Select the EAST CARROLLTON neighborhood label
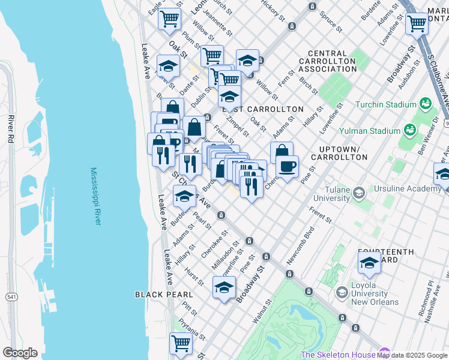tap(263, 109)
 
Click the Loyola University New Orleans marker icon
tap(342, 292)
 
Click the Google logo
tap(20, 353)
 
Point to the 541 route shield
tap(11, 296)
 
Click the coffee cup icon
tap(288, 167)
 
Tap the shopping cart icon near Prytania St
tap(181, 344)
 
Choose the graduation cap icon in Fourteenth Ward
tap(369, 263)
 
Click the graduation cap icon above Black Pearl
tap(224, 287)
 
